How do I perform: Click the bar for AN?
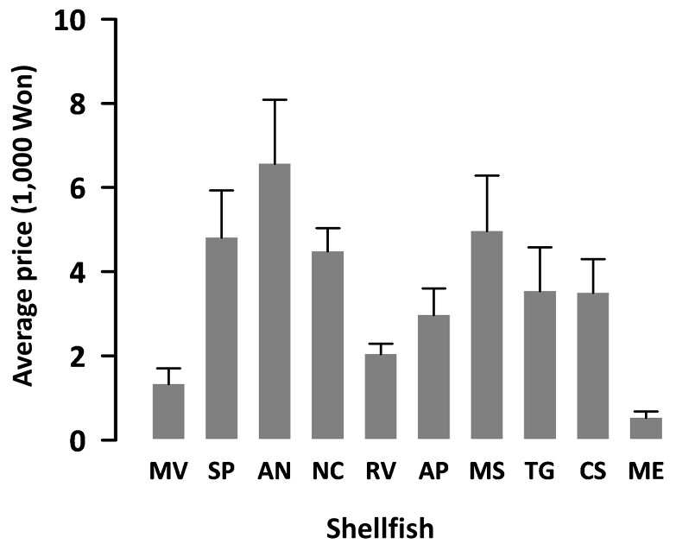275,301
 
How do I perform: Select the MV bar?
168,412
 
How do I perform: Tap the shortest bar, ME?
646,428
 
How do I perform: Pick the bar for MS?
487,335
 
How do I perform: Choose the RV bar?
381,396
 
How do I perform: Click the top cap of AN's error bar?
275,100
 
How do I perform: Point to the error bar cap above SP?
222,190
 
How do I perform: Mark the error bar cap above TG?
540,248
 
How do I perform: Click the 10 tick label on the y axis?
70,21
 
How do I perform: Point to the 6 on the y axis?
78,188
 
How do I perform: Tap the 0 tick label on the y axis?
78,441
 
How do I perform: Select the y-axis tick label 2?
78,357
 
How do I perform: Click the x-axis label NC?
328,471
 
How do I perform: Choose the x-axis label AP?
433,471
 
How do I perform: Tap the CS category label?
593,471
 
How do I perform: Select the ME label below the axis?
646,471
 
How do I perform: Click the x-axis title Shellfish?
380,528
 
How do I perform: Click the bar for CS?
593,366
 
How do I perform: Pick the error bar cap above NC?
328,228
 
